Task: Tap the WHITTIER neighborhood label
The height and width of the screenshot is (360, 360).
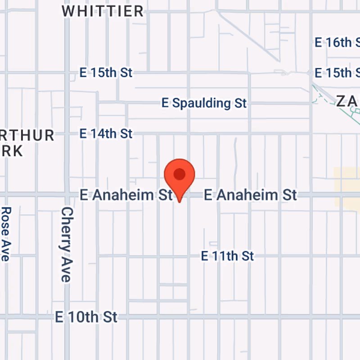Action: pos(103,11)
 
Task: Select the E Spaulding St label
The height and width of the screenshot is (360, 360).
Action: pos(204,103)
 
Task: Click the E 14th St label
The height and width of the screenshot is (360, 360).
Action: pos(106,134)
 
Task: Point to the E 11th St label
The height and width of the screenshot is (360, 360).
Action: pos(227,256)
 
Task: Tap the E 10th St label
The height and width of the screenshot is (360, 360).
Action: pos(86,317)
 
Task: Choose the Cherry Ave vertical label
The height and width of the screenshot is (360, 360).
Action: pos(67,244)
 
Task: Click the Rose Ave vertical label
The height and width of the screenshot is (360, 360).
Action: pos(6,234)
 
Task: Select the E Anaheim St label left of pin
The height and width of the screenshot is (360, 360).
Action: pos(126,195)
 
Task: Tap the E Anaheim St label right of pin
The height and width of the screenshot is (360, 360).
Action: pos(250,195)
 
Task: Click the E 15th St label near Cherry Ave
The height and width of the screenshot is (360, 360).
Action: pos(106,72)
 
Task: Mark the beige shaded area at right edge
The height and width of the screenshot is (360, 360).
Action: pos(346,187)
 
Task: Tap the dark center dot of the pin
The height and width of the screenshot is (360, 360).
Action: pos(180,174)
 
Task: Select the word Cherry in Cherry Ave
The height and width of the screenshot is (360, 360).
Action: pos(67,229)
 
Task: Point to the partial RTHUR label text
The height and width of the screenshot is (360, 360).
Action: pos(27,135)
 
